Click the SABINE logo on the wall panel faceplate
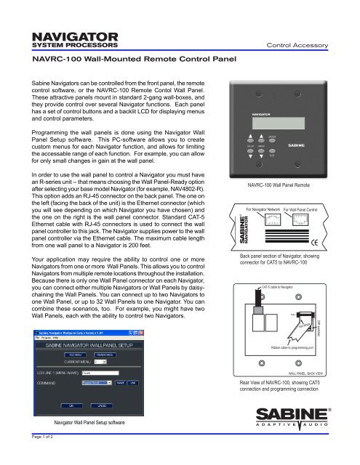pyautogui.click(x=319, y=145)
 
